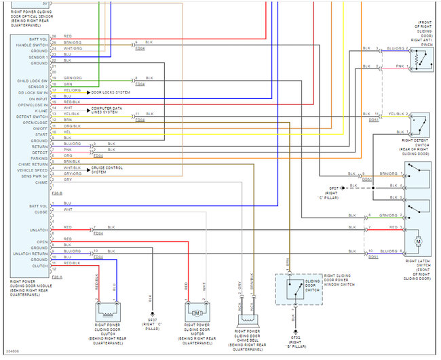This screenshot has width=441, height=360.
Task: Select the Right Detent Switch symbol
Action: point(421,123)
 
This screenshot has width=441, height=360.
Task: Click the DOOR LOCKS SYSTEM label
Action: point(111,91)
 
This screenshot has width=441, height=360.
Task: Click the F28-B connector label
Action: point(56,194)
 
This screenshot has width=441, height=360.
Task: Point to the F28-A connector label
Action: point(56,277)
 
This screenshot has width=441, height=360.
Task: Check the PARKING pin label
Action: point(38,158)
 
